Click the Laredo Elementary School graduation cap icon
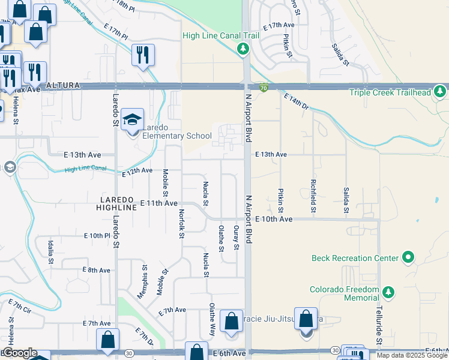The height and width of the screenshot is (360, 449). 132,120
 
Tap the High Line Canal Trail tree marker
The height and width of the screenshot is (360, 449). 243,49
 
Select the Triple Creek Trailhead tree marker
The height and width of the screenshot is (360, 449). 441,92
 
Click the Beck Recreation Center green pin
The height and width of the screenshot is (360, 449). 409,258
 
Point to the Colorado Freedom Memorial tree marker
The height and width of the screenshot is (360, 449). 388,292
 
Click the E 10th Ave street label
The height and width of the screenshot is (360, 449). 273,220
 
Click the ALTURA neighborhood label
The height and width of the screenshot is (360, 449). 63,86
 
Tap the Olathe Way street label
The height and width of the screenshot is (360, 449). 212,319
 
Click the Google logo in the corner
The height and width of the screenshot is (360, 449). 20,353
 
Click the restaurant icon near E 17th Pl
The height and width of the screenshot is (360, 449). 143,55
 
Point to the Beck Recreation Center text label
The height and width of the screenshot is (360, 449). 355,258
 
